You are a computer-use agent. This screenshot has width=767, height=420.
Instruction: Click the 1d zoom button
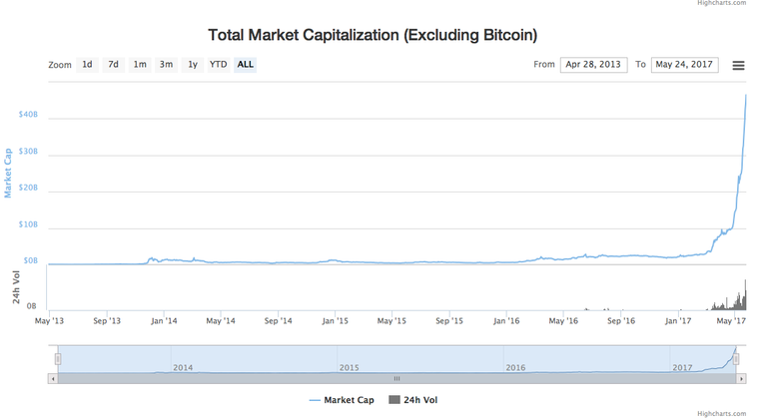88,65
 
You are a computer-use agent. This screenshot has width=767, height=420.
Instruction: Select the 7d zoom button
114,65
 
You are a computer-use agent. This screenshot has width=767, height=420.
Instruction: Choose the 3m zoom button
166,65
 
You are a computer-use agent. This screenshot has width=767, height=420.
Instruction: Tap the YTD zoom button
218,65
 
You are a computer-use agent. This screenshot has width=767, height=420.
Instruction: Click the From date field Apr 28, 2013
592,65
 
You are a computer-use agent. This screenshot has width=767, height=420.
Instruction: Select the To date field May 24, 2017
684,65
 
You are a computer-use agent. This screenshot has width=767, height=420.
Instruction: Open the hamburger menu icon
738,66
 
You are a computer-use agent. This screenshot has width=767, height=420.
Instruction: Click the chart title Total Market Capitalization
373,35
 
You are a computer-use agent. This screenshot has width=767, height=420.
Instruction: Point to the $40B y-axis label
28,115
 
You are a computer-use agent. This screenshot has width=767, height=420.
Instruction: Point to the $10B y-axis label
28,225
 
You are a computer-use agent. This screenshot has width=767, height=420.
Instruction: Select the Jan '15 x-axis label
335,321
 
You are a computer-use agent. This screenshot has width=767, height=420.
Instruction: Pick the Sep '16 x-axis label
621,321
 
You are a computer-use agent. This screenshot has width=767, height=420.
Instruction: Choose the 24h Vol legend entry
412,400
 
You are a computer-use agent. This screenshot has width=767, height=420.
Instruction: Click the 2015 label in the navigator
349,368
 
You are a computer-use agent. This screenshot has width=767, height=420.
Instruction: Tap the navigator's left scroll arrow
53,379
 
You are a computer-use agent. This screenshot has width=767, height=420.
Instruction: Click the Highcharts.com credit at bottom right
731,413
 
